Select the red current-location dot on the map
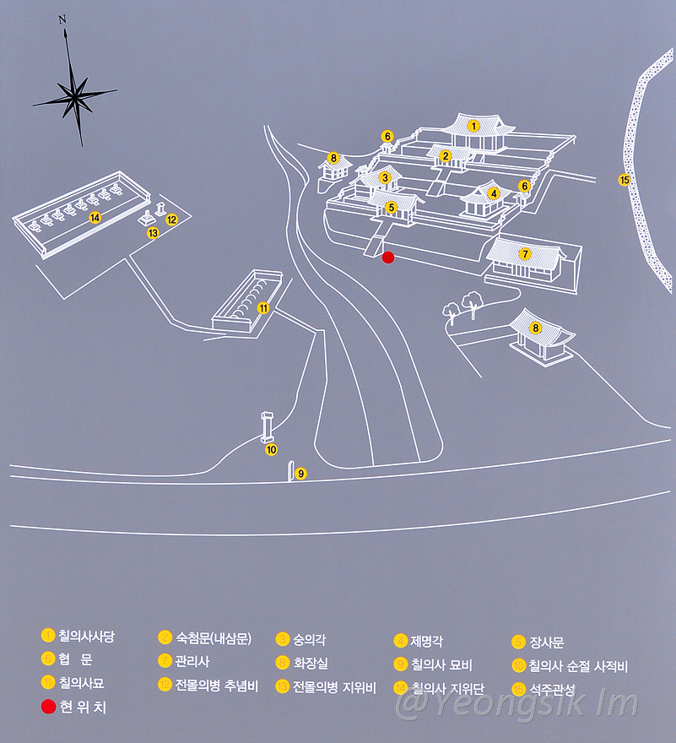point(388,258)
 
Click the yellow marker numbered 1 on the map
point(474,127)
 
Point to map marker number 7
point(525,253)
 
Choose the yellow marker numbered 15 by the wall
point(625,180)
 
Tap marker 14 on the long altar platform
point(95,217)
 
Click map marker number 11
point(263,308)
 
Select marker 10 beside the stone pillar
point(271,450)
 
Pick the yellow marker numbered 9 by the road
point(301,475)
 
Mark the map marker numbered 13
point(153,232)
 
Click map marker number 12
point(171,220)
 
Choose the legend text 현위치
point(83,708)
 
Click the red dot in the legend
point(47,708)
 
